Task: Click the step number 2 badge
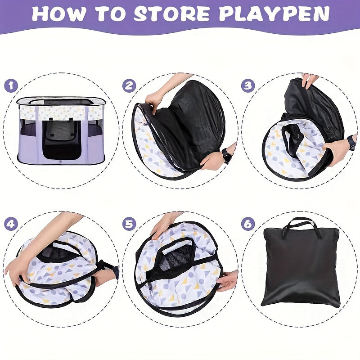click(130, 85)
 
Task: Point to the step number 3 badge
click(248, 85)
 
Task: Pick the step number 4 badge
click(12, 224)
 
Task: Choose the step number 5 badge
click(130, 224)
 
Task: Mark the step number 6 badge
click(248, 224)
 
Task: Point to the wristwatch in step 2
click(227, 156)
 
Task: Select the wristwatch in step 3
click(351, 143)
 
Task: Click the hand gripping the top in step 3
click(310, 80)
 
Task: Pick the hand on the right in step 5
click(228, 279)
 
